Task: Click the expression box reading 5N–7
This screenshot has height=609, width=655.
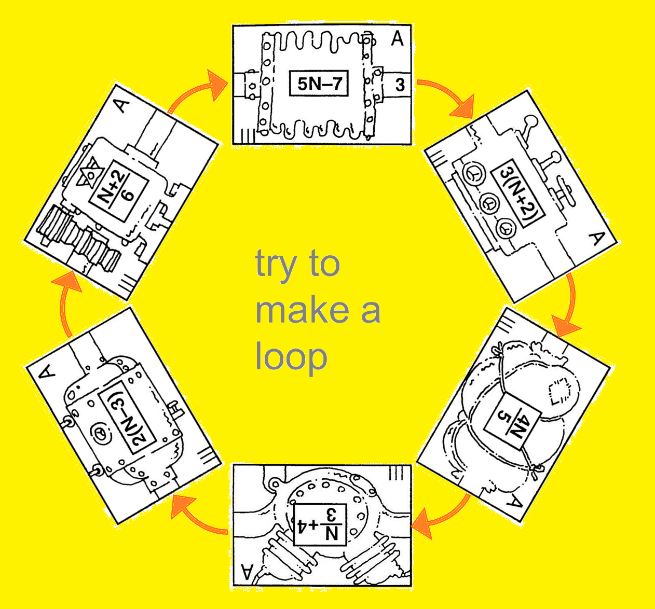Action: [x=319, y=84]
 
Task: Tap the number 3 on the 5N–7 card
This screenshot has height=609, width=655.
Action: [x=399, y=85]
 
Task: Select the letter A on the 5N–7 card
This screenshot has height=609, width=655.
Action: [x=397, y=39]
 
